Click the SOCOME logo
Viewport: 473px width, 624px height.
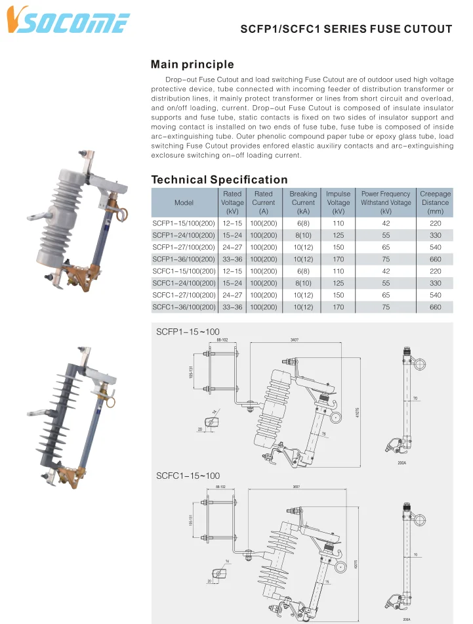click(67, 21)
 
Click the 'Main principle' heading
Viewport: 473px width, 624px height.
click(192, 64)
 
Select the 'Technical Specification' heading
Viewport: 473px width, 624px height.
click(219, 179)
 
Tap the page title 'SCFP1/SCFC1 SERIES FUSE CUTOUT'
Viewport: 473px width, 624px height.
click(346, 29)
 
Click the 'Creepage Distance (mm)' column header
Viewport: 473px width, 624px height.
click(435, 202)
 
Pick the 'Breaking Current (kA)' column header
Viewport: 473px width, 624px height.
click(302, 202)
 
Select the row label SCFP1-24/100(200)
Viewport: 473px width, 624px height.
click(184, 235)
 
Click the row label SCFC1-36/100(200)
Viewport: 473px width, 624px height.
click(184, 307)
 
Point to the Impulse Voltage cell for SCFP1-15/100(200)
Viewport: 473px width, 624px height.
click(338, 223)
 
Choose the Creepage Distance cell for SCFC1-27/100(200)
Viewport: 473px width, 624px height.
click(435, 295)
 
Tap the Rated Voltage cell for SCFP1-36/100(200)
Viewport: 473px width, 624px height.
click(232, 259)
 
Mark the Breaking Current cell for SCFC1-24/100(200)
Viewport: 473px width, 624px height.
click(302, 283)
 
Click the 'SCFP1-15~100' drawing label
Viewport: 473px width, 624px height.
click(188, 332)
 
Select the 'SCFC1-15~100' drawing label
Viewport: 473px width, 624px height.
click(188, 476)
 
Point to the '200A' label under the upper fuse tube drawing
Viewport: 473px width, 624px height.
click(402, 463)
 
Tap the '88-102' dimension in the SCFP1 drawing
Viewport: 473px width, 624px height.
click(222, 341)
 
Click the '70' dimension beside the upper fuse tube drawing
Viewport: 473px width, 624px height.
click(415, 398)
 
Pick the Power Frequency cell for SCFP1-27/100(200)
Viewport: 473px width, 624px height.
click(386, 247)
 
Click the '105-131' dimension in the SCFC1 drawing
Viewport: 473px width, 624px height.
click(191, 520)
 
